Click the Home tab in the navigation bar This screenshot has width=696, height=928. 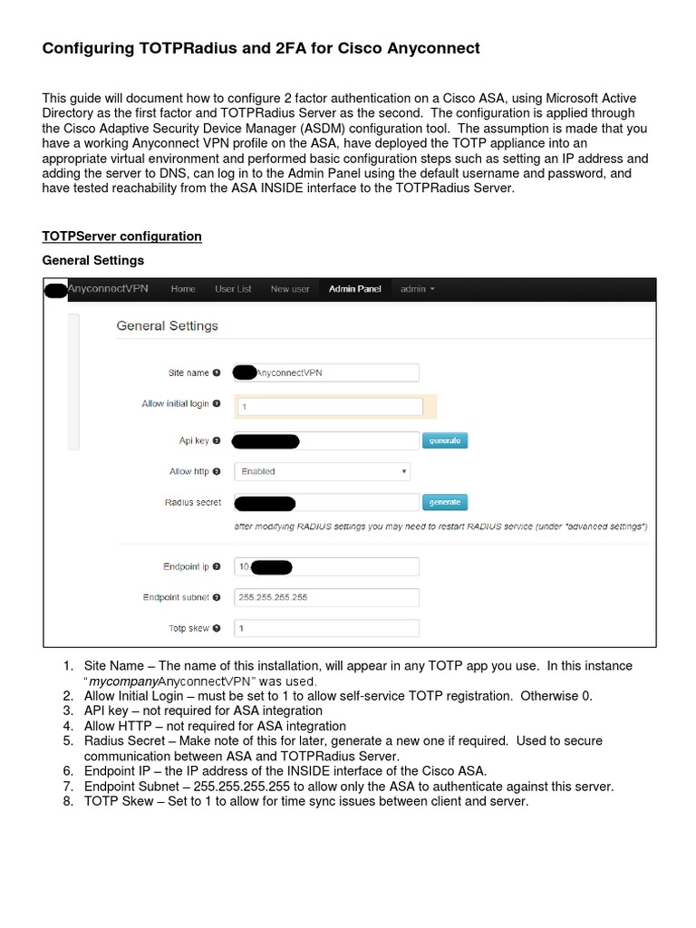(182, 289)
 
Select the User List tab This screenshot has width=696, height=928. (233, 289)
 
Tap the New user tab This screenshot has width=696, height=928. (290, 289)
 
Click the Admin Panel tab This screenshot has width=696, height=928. (355, 289)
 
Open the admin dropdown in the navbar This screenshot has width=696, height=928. (418, 289)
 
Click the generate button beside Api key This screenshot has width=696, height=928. (445, 440)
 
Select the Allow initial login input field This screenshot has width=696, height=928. (330, 407)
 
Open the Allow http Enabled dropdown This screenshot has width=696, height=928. (322, 471)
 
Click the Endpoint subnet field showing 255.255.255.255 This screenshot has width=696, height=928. (326, 597)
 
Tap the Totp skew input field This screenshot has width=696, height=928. (326, 628)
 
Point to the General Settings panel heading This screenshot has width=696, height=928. (167, 325)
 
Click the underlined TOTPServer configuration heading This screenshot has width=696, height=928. (122, 237)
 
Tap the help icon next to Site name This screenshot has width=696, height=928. (217, 372)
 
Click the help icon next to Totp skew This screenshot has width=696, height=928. (217, 628)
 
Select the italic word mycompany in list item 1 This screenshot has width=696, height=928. (125, 681)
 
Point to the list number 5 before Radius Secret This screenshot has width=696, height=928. (68, 740)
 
